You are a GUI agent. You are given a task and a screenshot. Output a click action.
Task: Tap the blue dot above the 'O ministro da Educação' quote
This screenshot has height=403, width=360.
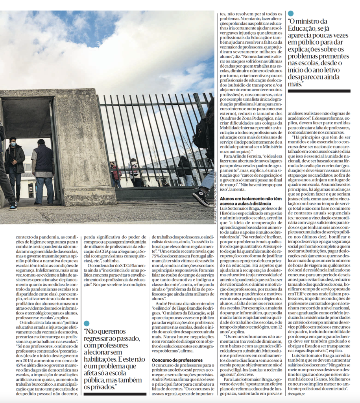point(290,13)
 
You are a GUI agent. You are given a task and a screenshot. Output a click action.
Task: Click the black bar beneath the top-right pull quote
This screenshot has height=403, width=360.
point(319,91)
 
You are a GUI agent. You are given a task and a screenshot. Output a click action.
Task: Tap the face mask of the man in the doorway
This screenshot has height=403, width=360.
point(13,144)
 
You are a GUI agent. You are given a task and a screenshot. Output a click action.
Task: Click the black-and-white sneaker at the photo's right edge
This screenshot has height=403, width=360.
point(201,197)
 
